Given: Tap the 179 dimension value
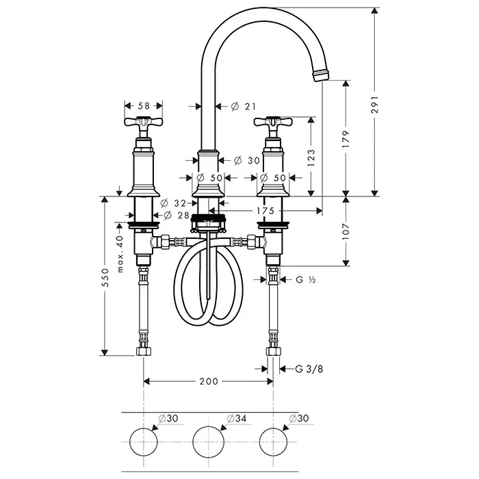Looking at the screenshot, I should (x=355, y=139).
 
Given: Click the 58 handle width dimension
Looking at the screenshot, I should (x=144, y=105).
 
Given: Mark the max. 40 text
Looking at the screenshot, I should (x=120, y=254).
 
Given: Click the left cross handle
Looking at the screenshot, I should (x=144, y=124).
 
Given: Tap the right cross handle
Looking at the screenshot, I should (x=273, y=124).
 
